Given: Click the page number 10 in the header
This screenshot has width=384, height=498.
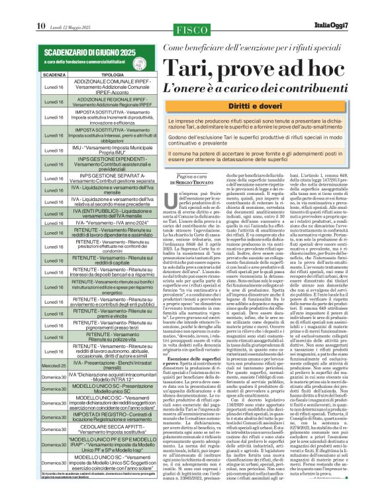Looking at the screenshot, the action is (x=40, y=7).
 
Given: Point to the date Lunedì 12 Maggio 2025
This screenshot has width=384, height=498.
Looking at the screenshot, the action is (x=68, y=8).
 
